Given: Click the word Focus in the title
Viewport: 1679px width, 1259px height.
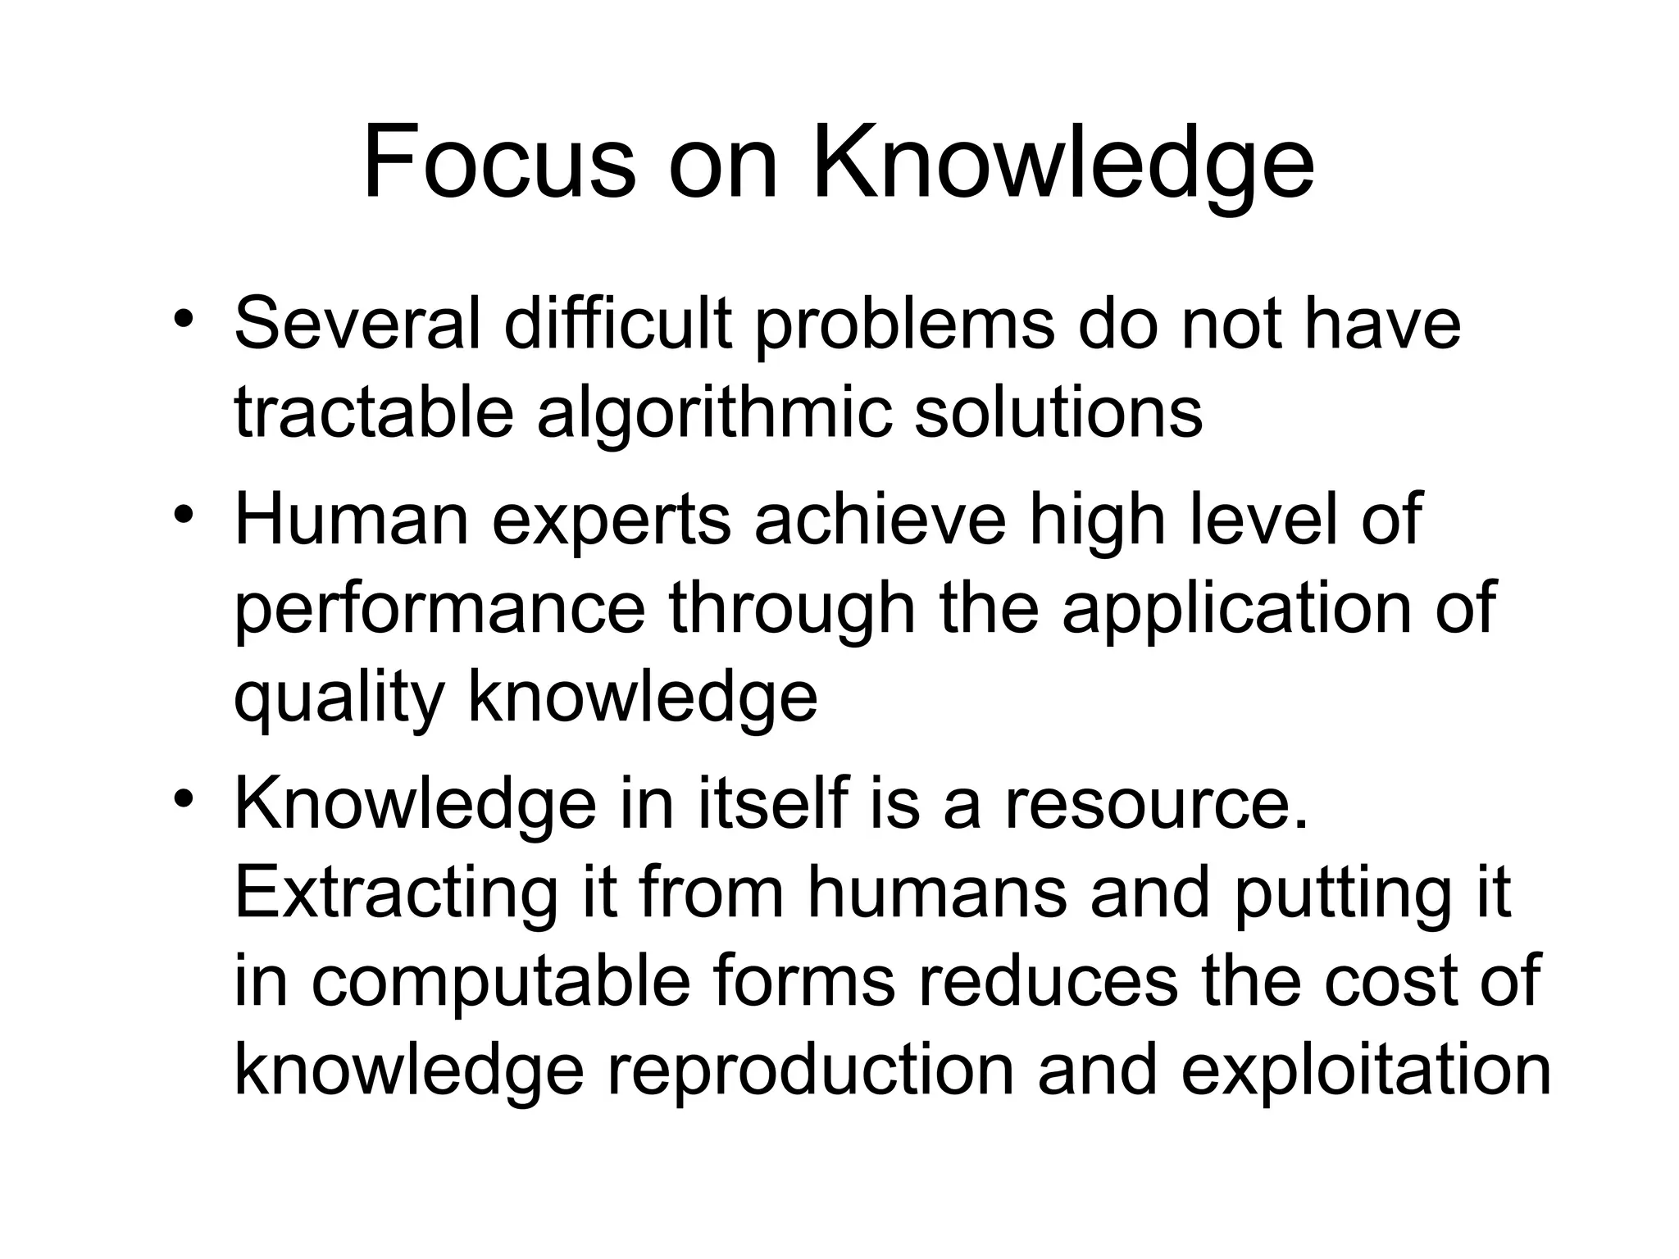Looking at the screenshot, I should point(499,162).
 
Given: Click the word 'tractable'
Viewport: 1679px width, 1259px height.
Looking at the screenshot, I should point(374,412).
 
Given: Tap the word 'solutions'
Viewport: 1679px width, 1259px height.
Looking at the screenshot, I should point(1058,412).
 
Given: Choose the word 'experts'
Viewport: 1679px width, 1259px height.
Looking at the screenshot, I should point(611,522).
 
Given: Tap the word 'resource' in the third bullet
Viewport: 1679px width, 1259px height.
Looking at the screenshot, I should point(1156,805).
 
